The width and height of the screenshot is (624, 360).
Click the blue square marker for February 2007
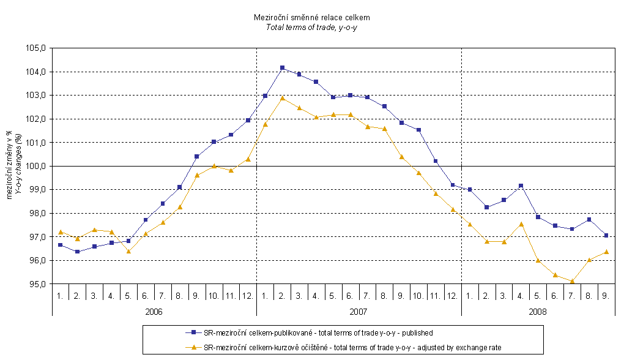(x=282, y=68)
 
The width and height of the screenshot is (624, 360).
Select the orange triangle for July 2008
(x=572, y=282)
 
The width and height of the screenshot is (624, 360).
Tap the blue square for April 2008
(x=521, y=186)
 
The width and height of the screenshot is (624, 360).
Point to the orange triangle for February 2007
(x=282, y=98)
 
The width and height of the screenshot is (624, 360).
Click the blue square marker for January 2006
(x=60, y=245)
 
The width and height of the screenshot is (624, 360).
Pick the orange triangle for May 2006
(x=128, y=251)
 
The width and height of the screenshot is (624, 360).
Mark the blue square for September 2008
(x=606, y=235)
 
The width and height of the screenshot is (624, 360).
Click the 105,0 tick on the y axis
(x=37, y=48)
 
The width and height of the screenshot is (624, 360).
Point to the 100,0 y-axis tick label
(x=37, y=166)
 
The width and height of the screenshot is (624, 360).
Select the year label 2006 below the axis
(x=154, y=312)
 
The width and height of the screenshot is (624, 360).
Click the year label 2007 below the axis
(x=358, y=312)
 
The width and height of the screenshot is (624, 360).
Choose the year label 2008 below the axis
(x=538, y=312)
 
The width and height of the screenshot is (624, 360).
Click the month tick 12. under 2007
(x=452, y=295)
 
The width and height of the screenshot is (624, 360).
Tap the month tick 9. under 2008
(x=606, y=295)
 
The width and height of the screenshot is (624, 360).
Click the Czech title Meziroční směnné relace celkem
(x=312, y=18)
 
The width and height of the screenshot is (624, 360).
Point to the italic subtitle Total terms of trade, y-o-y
(x=312, y=28)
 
